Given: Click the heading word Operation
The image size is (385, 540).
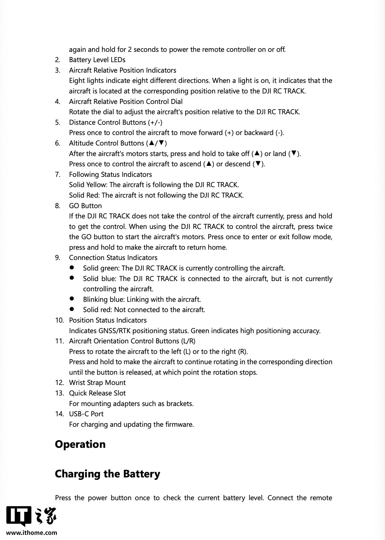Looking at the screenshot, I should coord(80,444).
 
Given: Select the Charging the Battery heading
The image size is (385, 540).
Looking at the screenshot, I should coord(107,474).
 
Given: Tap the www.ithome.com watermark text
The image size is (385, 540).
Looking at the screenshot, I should coord(32,533).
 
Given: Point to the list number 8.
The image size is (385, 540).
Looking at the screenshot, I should coord(57,206).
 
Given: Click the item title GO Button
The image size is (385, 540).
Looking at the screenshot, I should coord(85,206).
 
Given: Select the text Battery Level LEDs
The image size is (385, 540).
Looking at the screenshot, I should coord(97,60).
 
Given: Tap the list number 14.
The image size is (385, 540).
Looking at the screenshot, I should coord(60,414).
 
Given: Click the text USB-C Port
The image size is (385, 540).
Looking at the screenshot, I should coord(86,414).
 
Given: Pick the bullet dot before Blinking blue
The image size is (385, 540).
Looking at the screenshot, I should coord(72,298).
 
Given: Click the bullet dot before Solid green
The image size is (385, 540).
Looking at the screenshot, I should coord(72,267).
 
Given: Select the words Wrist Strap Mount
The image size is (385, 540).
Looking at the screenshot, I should coord(97,383).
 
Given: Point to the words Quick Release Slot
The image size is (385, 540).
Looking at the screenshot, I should coord(97,393).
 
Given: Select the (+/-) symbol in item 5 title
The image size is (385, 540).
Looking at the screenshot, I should coord(155,122).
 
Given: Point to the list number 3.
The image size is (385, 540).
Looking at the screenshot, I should coord(57,70).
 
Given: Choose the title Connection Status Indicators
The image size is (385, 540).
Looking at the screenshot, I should coord(113,258).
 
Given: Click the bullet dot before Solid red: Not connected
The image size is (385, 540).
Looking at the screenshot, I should coord(72,309).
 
